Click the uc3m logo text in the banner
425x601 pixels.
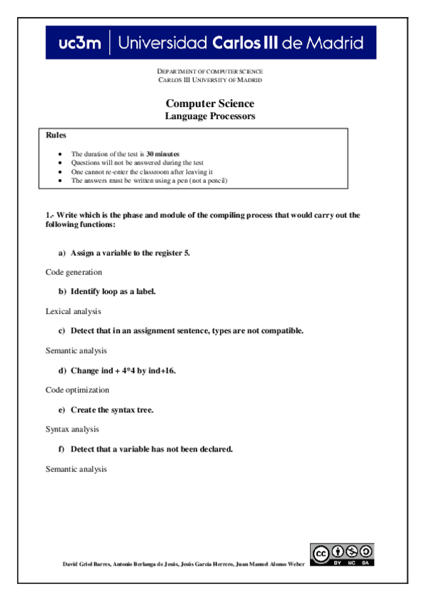pos(79,43)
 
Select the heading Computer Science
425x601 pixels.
pos(210,103)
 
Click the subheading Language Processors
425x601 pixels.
pos(210,116)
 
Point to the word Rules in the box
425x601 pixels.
pos(56,135)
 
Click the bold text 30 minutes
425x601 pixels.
pos(162,154)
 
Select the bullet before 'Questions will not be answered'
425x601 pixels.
pos(62,163)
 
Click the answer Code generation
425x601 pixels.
pos(74,272)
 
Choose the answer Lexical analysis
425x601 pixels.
pos(73,311)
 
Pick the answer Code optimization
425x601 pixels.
pos(77,390)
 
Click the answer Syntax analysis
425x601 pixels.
pos(72,429)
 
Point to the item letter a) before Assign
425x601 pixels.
pos(62,252)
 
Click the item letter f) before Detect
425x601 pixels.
pos(62,449)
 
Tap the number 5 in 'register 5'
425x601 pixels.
pos(187,252)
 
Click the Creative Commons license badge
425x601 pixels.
pos(342,554)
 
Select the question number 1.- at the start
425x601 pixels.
pos(50,215)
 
